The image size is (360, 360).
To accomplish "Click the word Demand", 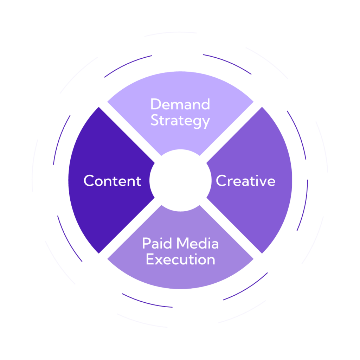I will [180, 104].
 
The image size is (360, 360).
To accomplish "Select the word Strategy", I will [180, 121].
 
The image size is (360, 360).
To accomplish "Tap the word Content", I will [112, 181].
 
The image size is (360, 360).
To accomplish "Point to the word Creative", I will [245, 181].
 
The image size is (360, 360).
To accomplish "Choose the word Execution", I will [180, 260].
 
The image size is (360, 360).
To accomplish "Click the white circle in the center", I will [180, 180].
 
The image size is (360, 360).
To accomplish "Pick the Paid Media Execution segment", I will [180, 276].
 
